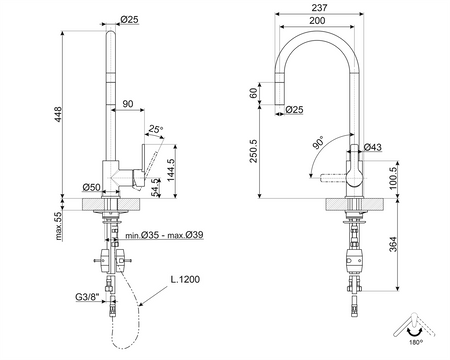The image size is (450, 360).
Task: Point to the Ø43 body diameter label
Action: coord(372,148)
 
